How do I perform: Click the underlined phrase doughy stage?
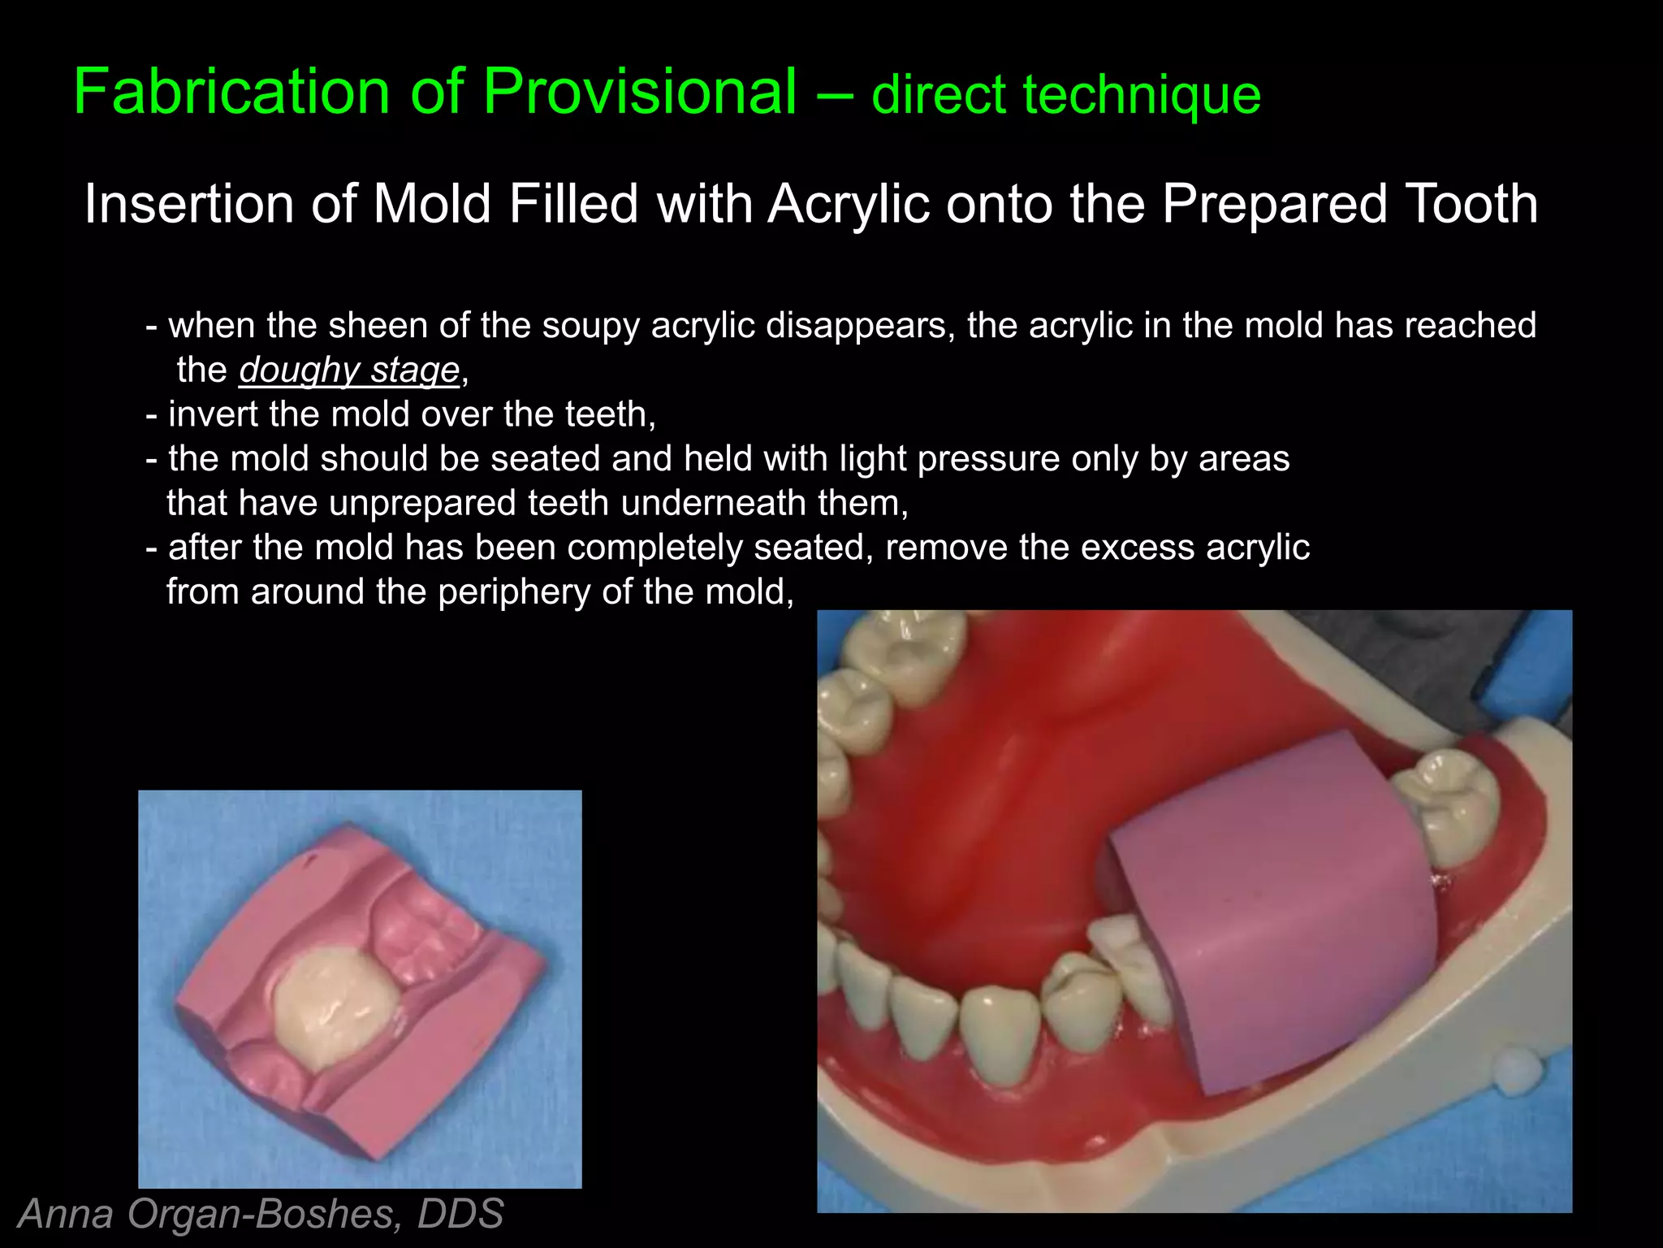(349, 370)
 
